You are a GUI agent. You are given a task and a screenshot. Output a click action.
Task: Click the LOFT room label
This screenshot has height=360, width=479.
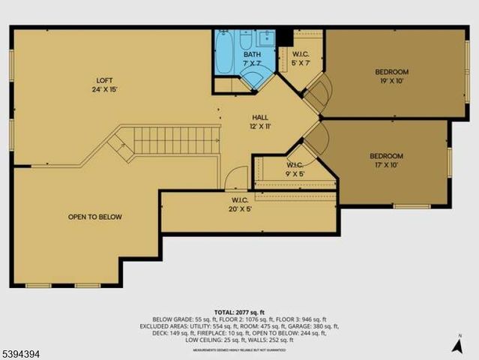point(103,80)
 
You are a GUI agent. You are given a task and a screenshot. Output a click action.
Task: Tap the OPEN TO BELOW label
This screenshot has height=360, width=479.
point(95,217)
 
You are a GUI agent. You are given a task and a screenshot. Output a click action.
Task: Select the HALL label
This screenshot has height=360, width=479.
point(260,118)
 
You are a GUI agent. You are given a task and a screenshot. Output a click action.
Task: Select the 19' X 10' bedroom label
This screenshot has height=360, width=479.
point(392,76)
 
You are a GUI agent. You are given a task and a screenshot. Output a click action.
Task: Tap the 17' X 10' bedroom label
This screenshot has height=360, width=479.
point(386,160)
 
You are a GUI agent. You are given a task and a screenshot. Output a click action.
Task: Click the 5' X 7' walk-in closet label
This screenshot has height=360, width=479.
point(300,58)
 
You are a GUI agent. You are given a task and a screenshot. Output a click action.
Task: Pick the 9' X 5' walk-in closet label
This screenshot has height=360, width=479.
point(295,169)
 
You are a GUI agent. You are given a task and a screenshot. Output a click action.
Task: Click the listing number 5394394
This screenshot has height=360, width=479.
point(25,350)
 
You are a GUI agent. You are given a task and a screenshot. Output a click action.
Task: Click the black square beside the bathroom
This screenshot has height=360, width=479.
point(284,36)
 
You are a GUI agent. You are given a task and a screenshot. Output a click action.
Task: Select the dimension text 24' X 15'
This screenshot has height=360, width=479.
point(103,89)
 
